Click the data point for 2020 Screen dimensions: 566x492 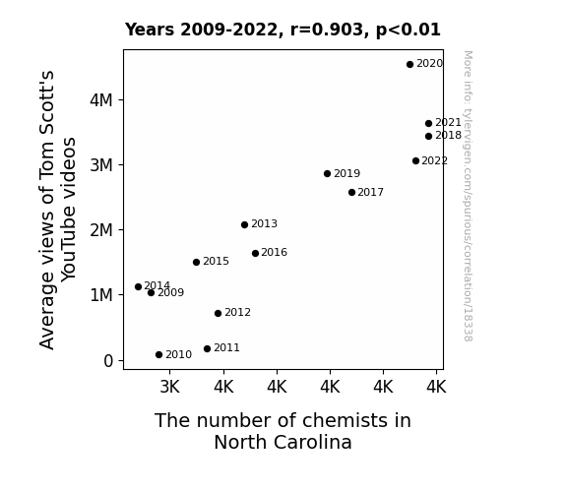(x=409, y=65)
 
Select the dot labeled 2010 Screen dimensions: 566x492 (x=158, y=355)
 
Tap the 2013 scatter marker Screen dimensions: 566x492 (x=244, y=225)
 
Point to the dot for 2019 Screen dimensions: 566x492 (x=327, y=173)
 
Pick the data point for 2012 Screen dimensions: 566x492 (x=218, y=313)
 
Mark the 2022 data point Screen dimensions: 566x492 (x=415, y=161)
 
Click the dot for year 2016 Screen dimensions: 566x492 (x=255, y=254)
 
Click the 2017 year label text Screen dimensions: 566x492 (x=370, y=193)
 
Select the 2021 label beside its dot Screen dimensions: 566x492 (x=448, y=123)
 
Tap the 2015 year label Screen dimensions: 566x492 (x=216, y=261)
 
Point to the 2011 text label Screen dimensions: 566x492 (x=226, y=347)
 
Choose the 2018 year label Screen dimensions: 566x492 (x=448, y=136)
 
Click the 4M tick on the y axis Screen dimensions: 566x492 (x=101, y=100)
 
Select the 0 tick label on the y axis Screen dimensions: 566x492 (x=108, y=361)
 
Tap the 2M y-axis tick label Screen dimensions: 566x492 (x=101, y=230)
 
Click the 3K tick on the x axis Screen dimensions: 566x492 (x=169, y=387)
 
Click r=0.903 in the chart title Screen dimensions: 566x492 (x=327, y=30)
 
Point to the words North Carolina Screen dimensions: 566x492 (x=283, y=442)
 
